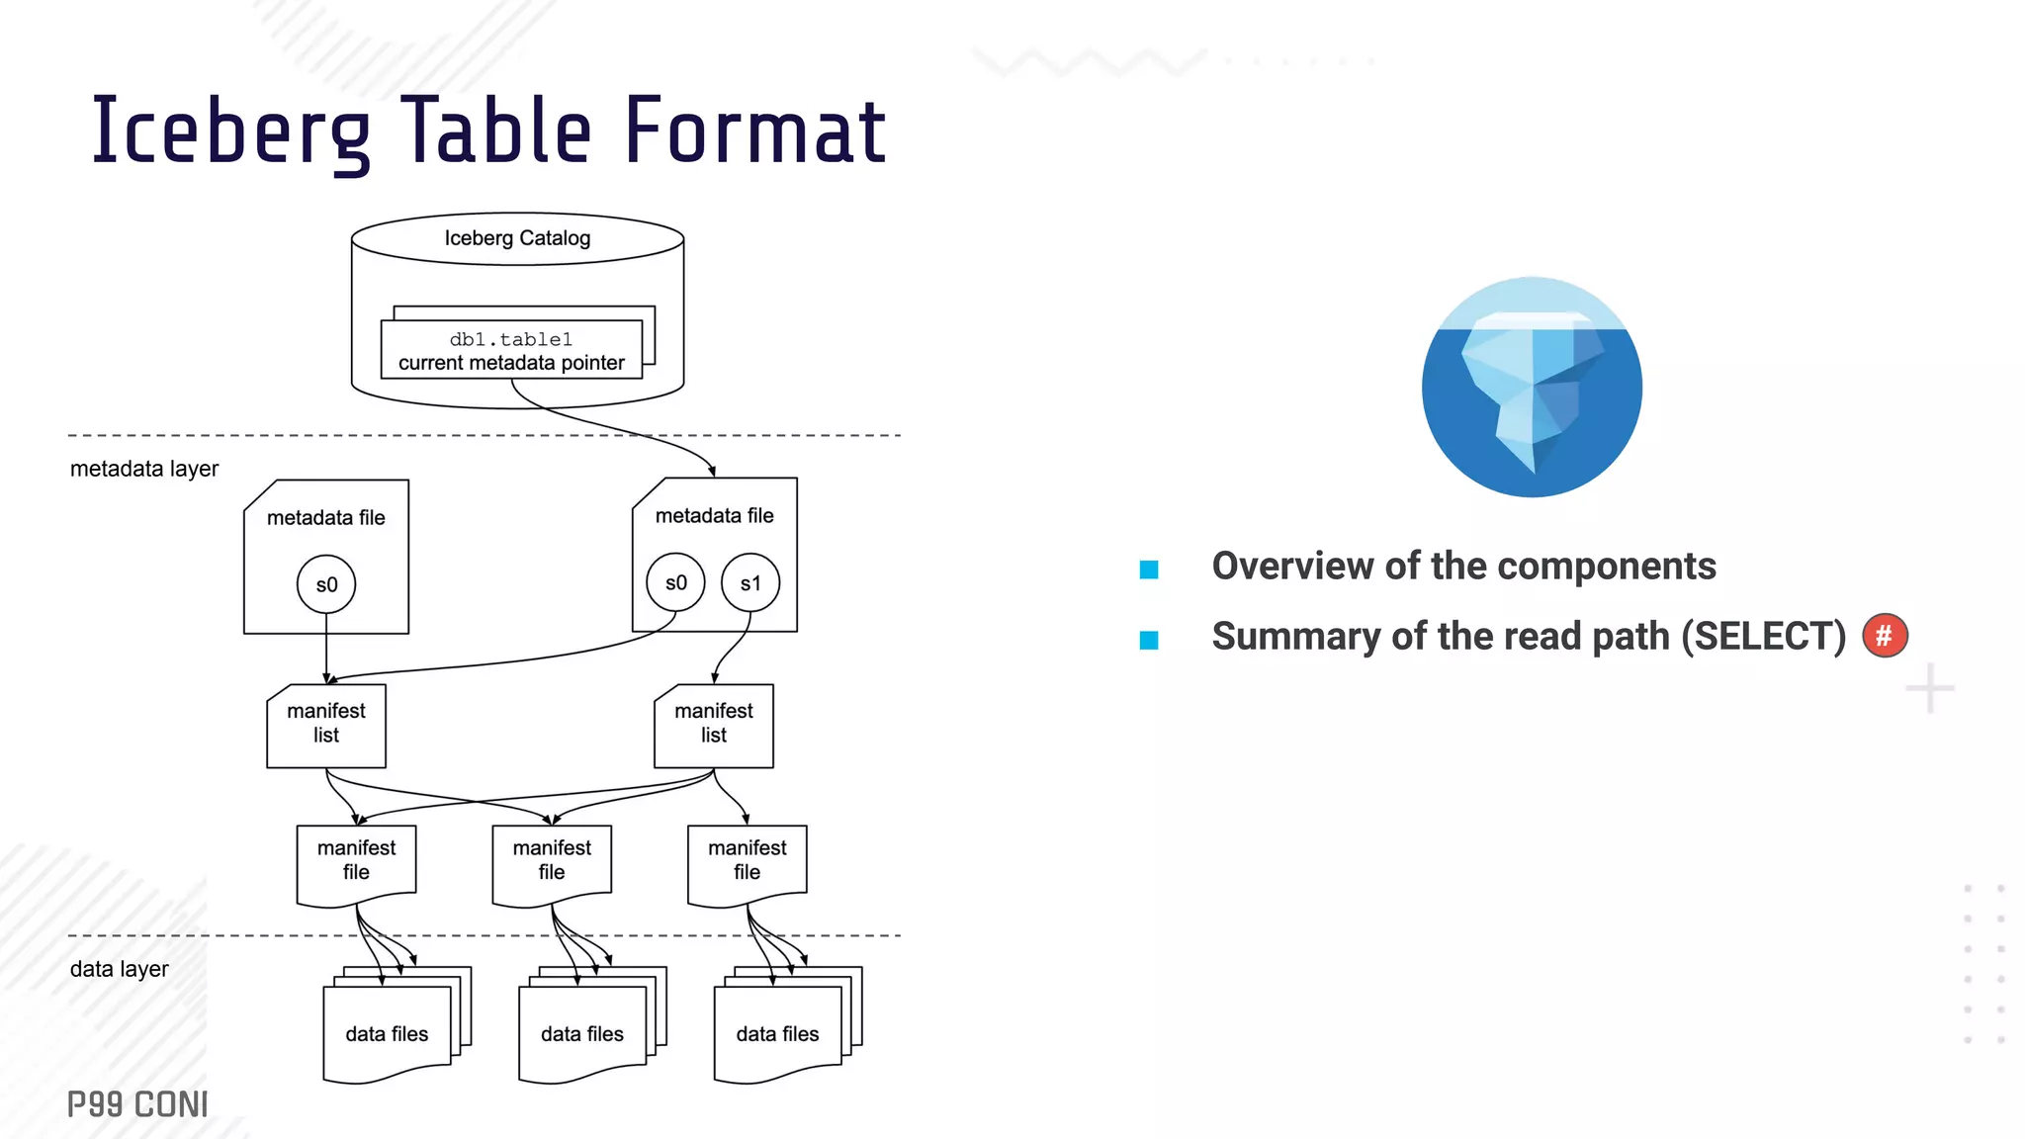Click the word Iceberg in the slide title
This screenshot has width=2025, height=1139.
[230, 131]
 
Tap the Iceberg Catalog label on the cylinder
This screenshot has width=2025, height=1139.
[517, 238]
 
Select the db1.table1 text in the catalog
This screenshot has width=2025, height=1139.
[511, 339]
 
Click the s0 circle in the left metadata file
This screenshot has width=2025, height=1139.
[326, 584]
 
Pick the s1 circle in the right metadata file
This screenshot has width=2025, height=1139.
[750, 582]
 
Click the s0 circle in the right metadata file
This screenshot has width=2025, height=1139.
[675, 582]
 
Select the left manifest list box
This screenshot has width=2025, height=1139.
[326, 725]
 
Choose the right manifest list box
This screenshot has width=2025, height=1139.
[714, 725]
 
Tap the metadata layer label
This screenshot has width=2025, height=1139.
[144, 469]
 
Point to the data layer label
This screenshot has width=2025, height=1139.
[120, 969]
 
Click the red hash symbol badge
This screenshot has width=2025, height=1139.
[1885, 636]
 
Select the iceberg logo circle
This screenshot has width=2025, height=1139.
[1532, 387]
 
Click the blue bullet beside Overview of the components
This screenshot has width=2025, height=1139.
[1149, 569]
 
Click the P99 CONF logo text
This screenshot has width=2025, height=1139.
[137, 1104]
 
